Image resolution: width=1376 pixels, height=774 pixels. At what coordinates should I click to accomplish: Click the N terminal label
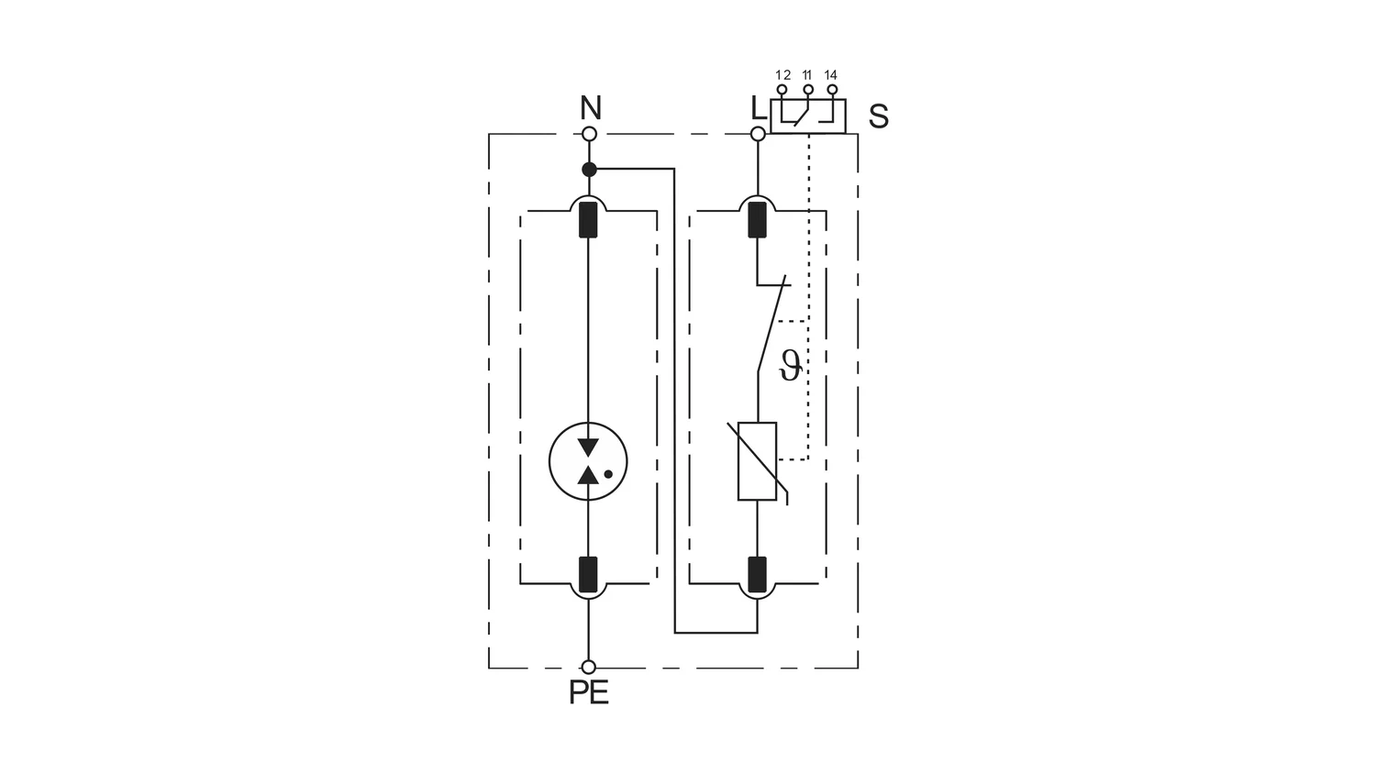coord(591,108)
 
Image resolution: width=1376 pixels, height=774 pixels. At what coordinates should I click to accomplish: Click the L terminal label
coord(759,108)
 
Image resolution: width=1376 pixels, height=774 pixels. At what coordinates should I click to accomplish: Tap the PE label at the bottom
coord(589,692)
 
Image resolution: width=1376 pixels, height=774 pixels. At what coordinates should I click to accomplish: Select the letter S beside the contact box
coord(879,116)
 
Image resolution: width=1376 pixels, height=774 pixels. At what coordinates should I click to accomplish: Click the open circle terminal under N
coord(589,134)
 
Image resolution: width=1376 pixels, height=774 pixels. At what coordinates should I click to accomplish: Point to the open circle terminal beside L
coord(758,134)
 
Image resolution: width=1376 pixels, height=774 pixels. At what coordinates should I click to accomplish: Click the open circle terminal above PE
coord(589,667)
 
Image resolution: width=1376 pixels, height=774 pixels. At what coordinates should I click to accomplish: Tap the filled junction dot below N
coord(589,170)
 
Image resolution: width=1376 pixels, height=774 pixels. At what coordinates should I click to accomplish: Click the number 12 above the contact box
coord(782,75)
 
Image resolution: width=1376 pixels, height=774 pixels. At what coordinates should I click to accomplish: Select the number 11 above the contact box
coord(807,75)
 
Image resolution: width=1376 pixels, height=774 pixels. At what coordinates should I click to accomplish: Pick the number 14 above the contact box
coord(830,75)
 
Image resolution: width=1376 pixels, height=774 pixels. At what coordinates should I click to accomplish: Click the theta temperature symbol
coord(791,366)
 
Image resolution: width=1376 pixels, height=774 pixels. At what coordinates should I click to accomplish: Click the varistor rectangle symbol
coord(757,461)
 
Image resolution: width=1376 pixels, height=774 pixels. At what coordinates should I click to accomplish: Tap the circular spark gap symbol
coord(588,461)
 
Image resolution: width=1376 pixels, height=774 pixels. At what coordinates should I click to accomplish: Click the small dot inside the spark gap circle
coord(608,473)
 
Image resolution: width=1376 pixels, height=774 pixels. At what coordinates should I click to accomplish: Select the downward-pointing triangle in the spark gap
coord(589,447)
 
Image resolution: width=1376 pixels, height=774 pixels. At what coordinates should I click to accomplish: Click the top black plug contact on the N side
coord(589,219)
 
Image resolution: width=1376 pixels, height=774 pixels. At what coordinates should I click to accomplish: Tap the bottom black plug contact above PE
coord(589,574)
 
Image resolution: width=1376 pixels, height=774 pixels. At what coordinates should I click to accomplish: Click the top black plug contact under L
coord(758,219)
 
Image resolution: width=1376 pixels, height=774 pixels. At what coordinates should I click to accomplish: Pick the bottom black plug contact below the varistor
coord(758,574)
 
